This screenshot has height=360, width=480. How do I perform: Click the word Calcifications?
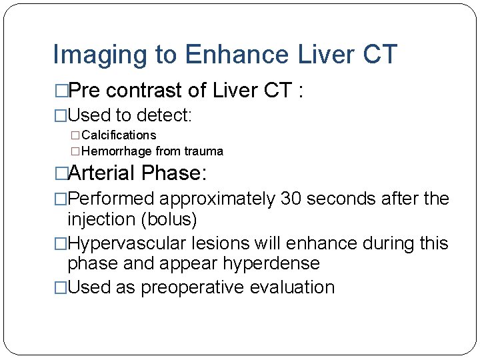pos(118,135)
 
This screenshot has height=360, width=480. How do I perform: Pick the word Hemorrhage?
pos(116,151)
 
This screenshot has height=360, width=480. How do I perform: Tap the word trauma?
pos(201,151)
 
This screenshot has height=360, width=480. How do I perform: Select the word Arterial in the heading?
pos(102,173)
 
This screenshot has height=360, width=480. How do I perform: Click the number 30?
pos(291,199)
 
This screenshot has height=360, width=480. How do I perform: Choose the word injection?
pos(99,219)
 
